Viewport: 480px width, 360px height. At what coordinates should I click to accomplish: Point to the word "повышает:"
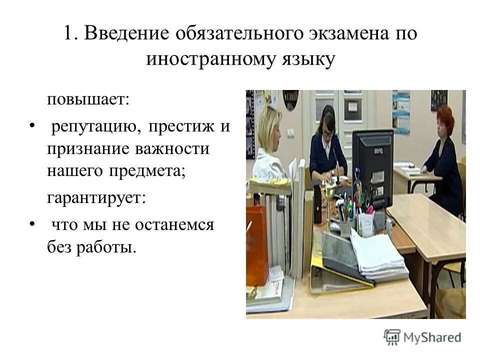tap(88, 98)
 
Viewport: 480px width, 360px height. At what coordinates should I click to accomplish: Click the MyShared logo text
tap(432, 337)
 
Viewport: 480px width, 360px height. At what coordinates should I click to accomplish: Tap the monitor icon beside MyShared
tap(392, 336)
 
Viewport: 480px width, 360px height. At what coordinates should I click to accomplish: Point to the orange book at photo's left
tap(256, 245)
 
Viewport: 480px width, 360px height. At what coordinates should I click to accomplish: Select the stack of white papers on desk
tap(377, 255)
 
